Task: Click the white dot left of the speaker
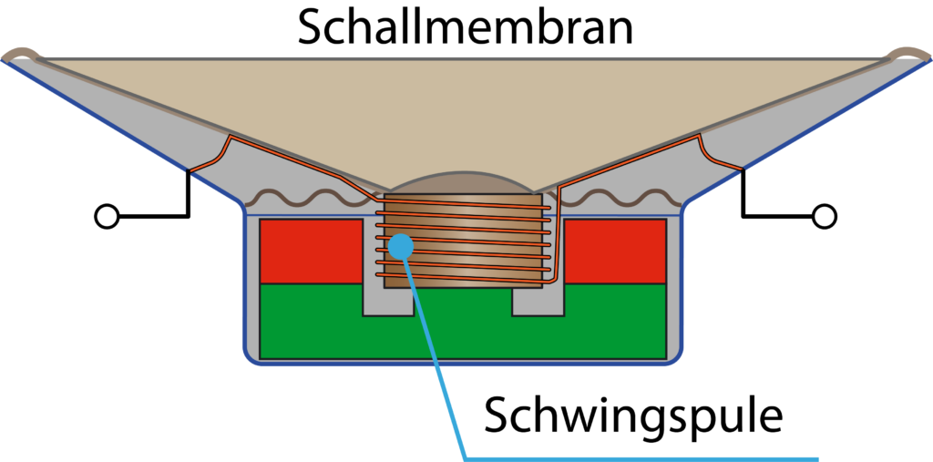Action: pos(108,216)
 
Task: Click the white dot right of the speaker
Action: pos(825,216)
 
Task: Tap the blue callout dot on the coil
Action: pos(400,246)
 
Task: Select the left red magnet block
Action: pos(311,252)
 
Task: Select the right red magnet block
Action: pos(616,252)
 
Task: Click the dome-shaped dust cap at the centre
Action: pos(464,182)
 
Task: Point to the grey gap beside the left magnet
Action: pos(373,273)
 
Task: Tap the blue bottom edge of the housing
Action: pos(463,364)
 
